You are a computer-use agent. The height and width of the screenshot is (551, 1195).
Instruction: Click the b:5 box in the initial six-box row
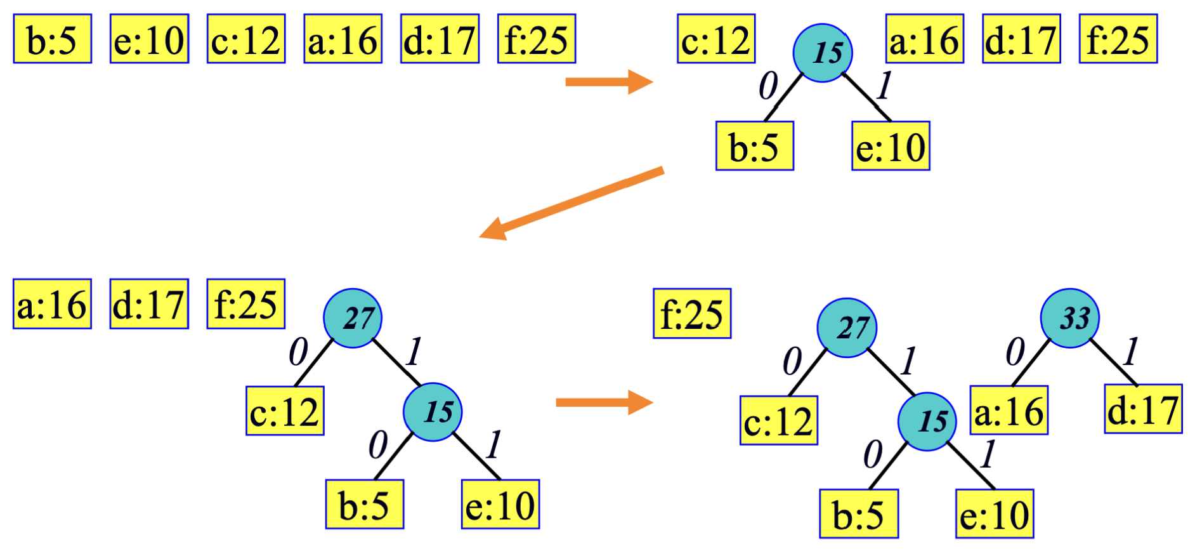(x=53, y=39)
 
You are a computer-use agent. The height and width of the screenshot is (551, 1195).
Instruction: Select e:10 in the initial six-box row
(x=149, y=39)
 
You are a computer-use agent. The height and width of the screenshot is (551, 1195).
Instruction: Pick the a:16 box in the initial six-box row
(x=343, y=39)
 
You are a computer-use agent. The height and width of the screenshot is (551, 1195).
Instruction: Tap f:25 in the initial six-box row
(x=537, y=39)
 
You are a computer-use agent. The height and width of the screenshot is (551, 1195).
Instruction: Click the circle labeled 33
(x=1069, y=318)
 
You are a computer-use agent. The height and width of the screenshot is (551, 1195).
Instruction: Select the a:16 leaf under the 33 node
(x=1009, y=410)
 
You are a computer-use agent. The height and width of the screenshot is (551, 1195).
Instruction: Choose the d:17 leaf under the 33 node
(x=1143, y=409)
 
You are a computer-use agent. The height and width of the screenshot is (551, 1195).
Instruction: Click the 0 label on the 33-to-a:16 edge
(x=1015, y=352)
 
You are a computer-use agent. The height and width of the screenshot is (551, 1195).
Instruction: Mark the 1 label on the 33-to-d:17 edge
(x=1130, y=352)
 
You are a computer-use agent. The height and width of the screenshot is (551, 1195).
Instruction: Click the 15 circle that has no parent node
(x=823, y=53)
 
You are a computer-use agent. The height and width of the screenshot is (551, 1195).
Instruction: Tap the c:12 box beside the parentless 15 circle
(x=716, y=39)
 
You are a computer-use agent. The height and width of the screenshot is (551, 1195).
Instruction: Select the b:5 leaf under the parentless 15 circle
(x=754, y=146)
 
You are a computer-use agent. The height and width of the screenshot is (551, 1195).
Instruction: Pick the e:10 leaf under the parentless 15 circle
(x=891, y=146)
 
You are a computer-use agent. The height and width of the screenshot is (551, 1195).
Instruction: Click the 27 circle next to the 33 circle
(x=847, y=328)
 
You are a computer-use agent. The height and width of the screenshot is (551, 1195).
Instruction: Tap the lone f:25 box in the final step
(x=692, y=314)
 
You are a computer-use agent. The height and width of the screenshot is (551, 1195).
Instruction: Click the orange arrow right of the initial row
(x=608, y=82)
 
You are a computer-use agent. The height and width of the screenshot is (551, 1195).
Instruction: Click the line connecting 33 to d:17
(x=1113, y=362)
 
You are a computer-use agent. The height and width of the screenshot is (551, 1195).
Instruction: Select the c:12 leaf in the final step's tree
(x=778, y=420)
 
